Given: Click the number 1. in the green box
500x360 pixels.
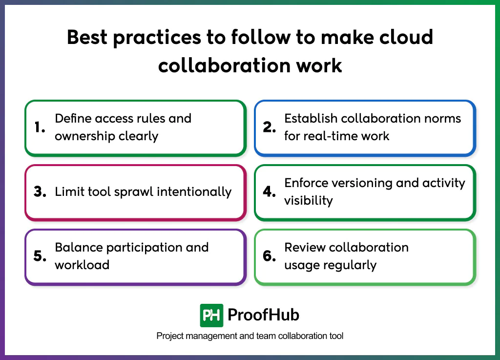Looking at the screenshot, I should pyautogui.click(x=40, y=127).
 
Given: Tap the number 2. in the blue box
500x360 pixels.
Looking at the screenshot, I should pyautogui.click(x=270, y=127).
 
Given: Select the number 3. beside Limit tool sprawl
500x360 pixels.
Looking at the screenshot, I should pyautogui.click(x=40, y=192).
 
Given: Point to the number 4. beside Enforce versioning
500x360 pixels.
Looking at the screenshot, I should pyautogui.click(x=270, y=192).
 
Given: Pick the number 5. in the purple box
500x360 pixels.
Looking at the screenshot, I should pyautogui.click(x=40, y=256).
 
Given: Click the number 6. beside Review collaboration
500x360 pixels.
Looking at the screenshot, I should pyautogui.click(x=270, y=256).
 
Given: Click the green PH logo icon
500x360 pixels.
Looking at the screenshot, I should pyautogui.click(x=211, y=315).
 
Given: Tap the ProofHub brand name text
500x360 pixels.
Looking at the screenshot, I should pyautogui.click(x=264, y=315).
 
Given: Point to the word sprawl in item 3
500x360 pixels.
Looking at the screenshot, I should pyautogui.click(x=135, y=192).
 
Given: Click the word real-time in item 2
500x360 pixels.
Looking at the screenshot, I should pyautogui.click(x=330, y=136).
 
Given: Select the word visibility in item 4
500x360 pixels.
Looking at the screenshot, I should pyautogui.click(x=309, y=200).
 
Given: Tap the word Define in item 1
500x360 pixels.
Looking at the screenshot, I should pyautogui.click(x=73, y=118).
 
